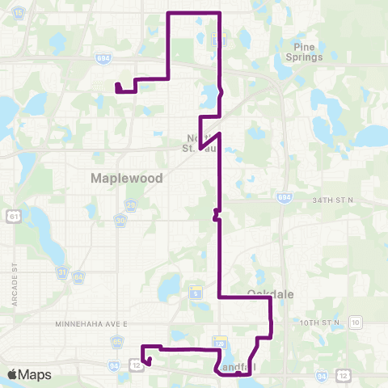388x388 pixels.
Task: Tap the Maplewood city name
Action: tap(128, 177)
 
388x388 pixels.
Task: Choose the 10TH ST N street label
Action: tap(319, 323)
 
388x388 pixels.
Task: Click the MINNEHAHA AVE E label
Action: tap(92, 323)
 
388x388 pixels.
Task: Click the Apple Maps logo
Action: tap(28, 374)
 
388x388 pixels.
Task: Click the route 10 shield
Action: tap(356, 323)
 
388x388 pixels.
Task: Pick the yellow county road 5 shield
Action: tap(195, 291)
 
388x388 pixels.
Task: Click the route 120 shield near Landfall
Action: tap(218, 344)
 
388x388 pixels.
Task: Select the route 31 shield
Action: tap(62, 273)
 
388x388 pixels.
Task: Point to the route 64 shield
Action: tap(78, 277)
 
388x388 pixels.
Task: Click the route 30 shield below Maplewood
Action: tap(120, 219)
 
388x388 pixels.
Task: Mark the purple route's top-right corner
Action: tap(220, 13)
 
